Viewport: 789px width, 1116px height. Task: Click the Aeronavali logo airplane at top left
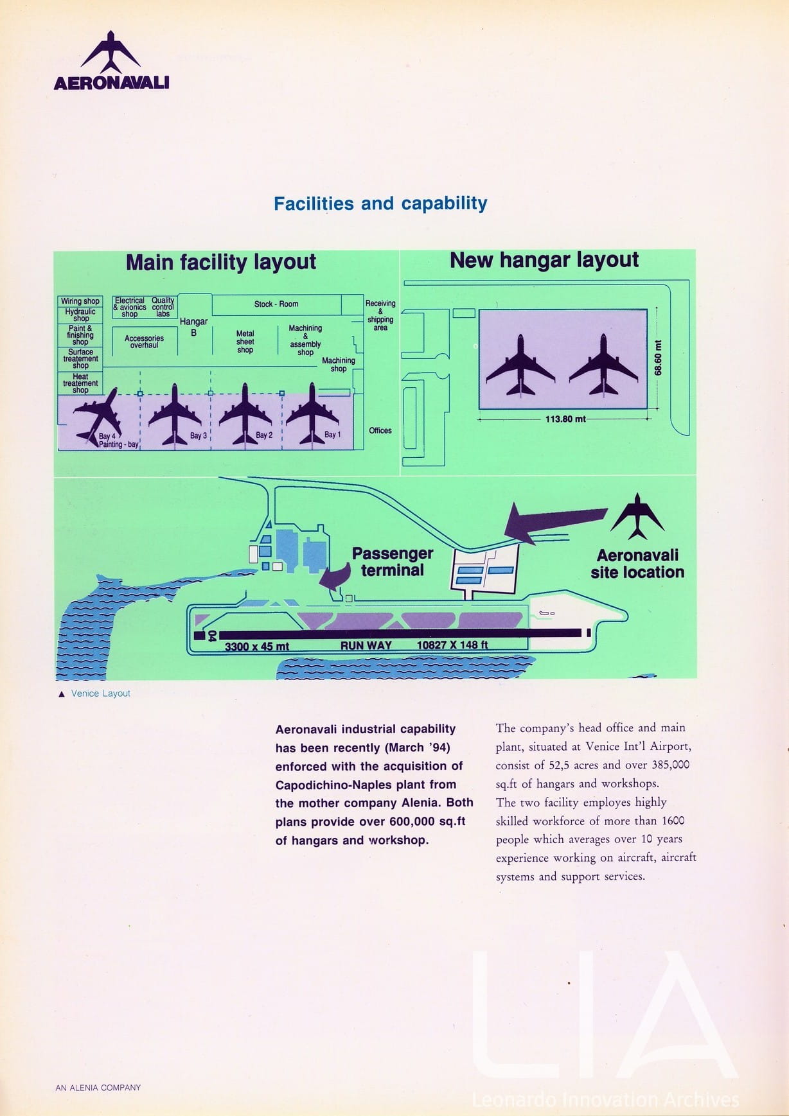click(111, 53)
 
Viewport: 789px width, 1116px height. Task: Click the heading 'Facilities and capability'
click(380, 204)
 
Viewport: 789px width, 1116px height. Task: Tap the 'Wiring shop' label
click(80, 301)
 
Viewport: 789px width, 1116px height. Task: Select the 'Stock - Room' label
click(276, 304)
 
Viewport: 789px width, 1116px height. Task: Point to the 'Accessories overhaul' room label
click(144, 342)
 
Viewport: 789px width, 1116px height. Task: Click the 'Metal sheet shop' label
click(245, 342)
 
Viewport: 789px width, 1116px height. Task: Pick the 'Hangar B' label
click(193, 326)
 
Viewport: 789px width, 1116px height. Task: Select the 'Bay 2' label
click(264, 435)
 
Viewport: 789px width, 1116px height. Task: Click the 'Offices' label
click(380, 431)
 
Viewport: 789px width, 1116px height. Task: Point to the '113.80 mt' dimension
click(565, 419)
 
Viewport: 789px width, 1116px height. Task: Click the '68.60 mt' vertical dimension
click(658, 358)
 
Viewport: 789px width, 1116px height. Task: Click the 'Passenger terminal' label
click(392, 562)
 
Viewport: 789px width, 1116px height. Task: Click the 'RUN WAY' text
click(366, 645)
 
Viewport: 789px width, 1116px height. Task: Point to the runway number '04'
click(211, 636)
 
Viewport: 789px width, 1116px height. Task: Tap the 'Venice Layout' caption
click(100, 693)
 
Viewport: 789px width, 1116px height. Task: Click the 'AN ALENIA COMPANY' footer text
click(98, 1088)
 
